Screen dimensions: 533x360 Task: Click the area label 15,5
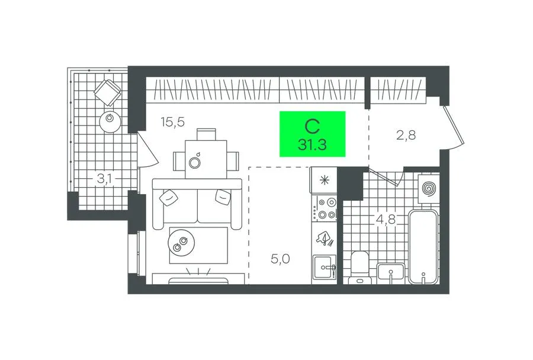click(x=173, y=121)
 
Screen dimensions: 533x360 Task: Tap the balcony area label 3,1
click(x=105, y=179)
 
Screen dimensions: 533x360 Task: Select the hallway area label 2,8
click(x=406, y=136)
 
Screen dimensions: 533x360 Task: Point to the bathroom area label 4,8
click(x=386, y=220)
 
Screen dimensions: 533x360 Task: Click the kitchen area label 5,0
click(x=281, y=259)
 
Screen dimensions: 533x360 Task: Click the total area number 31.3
click(x=312, y=145)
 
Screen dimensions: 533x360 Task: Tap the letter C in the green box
click(x=312, y=127)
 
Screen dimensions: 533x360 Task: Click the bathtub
click(x=423, y=247)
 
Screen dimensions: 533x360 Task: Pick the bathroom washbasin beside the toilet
click(x=391, y=273)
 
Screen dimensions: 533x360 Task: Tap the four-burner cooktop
click(x=325, y=208)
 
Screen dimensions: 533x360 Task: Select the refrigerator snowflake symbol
click(x=325, y=180)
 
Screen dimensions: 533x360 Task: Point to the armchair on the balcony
click(x=107, y=91)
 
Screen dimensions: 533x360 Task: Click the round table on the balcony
click(x=110, y=121)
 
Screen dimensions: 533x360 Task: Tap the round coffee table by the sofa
click(x=182, y=242)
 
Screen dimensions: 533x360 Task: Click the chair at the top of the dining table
click(x=206, y=134)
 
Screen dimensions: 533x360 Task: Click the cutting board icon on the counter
click(x=325, y=238)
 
